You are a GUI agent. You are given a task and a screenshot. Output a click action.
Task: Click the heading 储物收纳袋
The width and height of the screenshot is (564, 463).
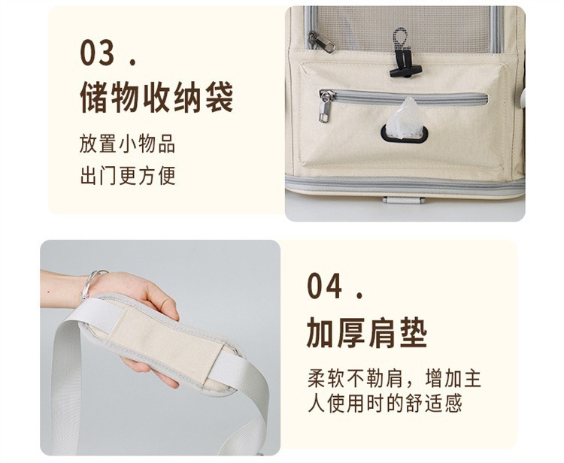(157, 97)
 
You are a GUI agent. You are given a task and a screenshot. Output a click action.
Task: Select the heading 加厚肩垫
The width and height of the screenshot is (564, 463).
(367, 332)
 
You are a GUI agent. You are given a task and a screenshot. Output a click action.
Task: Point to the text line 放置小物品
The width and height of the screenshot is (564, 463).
(127, 144)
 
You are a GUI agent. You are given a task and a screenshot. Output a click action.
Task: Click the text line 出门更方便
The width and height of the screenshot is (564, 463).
(128, 175)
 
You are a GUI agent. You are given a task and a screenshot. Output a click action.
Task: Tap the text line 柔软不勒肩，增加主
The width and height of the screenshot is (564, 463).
(394, 378)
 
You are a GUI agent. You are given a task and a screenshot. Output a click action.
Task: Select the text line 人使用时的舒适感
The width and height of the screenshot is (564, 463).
(384, 404)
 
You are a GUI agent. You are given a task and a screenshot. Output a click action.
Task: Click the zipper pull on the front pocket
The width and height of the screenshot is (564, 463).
(325, 107)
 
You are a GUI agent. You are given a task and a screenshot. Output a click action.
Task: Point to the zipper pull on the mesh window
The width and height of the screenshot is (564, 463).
(321, 41)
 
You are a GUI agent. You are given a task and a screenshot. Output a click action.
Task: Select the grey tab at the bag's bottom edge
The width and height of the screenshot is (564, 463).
(404, 200)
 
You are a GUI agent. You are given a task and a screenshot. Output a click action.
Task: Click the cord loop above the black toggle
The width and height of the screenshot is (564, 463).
(399, 39)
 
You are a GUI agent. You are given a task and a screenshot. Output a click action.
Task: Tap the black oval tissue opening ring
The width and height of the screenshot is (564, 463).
(405, 134)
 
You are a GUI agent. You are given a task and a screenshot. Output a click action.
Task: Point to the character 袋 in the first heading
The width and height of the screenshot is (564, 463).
(220, 97)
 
